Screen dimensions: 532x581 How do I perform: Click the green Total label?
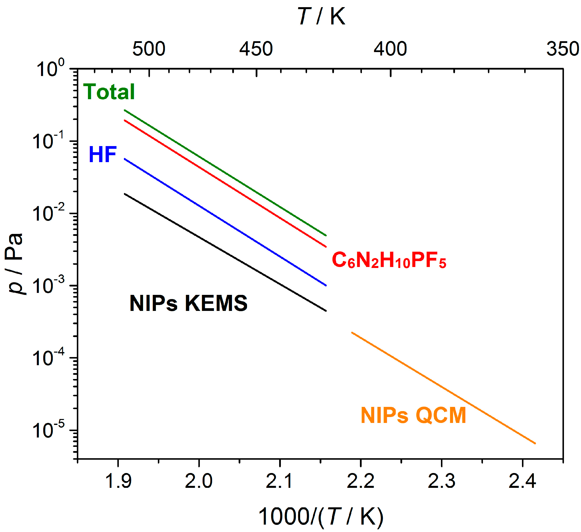109,92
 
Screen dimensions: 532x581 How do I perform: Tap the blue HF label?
103,154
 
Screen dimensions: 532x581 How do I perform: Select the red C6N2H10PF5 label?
389,260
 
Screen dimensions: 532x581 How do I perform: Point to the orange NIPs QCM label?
413,416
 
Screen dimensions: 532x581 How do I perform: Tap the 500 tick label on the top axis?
149,49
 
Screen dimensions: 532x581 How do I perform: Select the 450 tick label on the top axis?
256,49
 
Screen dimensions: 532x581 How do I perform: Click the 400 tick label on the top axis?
390,49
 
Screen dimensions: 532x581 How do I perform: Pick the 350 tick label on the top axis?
562,49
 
